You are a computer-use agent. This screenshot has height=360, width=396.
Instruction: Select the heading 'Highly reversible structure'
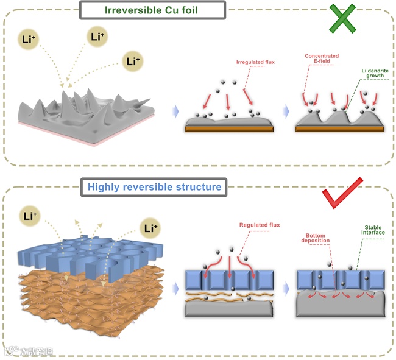[154, 186]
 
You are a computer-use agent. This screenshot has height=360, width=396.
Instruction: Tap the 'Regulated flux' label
[260, 225]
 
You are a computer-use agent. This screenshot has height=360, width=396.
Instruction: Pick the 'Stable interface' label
[364, 229]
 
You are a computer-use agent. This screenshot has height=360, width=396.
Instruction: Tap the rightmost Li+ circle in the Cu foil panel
[132, 60]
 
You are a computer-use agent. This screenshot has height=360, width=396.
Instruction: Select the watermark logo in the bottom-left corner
[27, 350]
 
